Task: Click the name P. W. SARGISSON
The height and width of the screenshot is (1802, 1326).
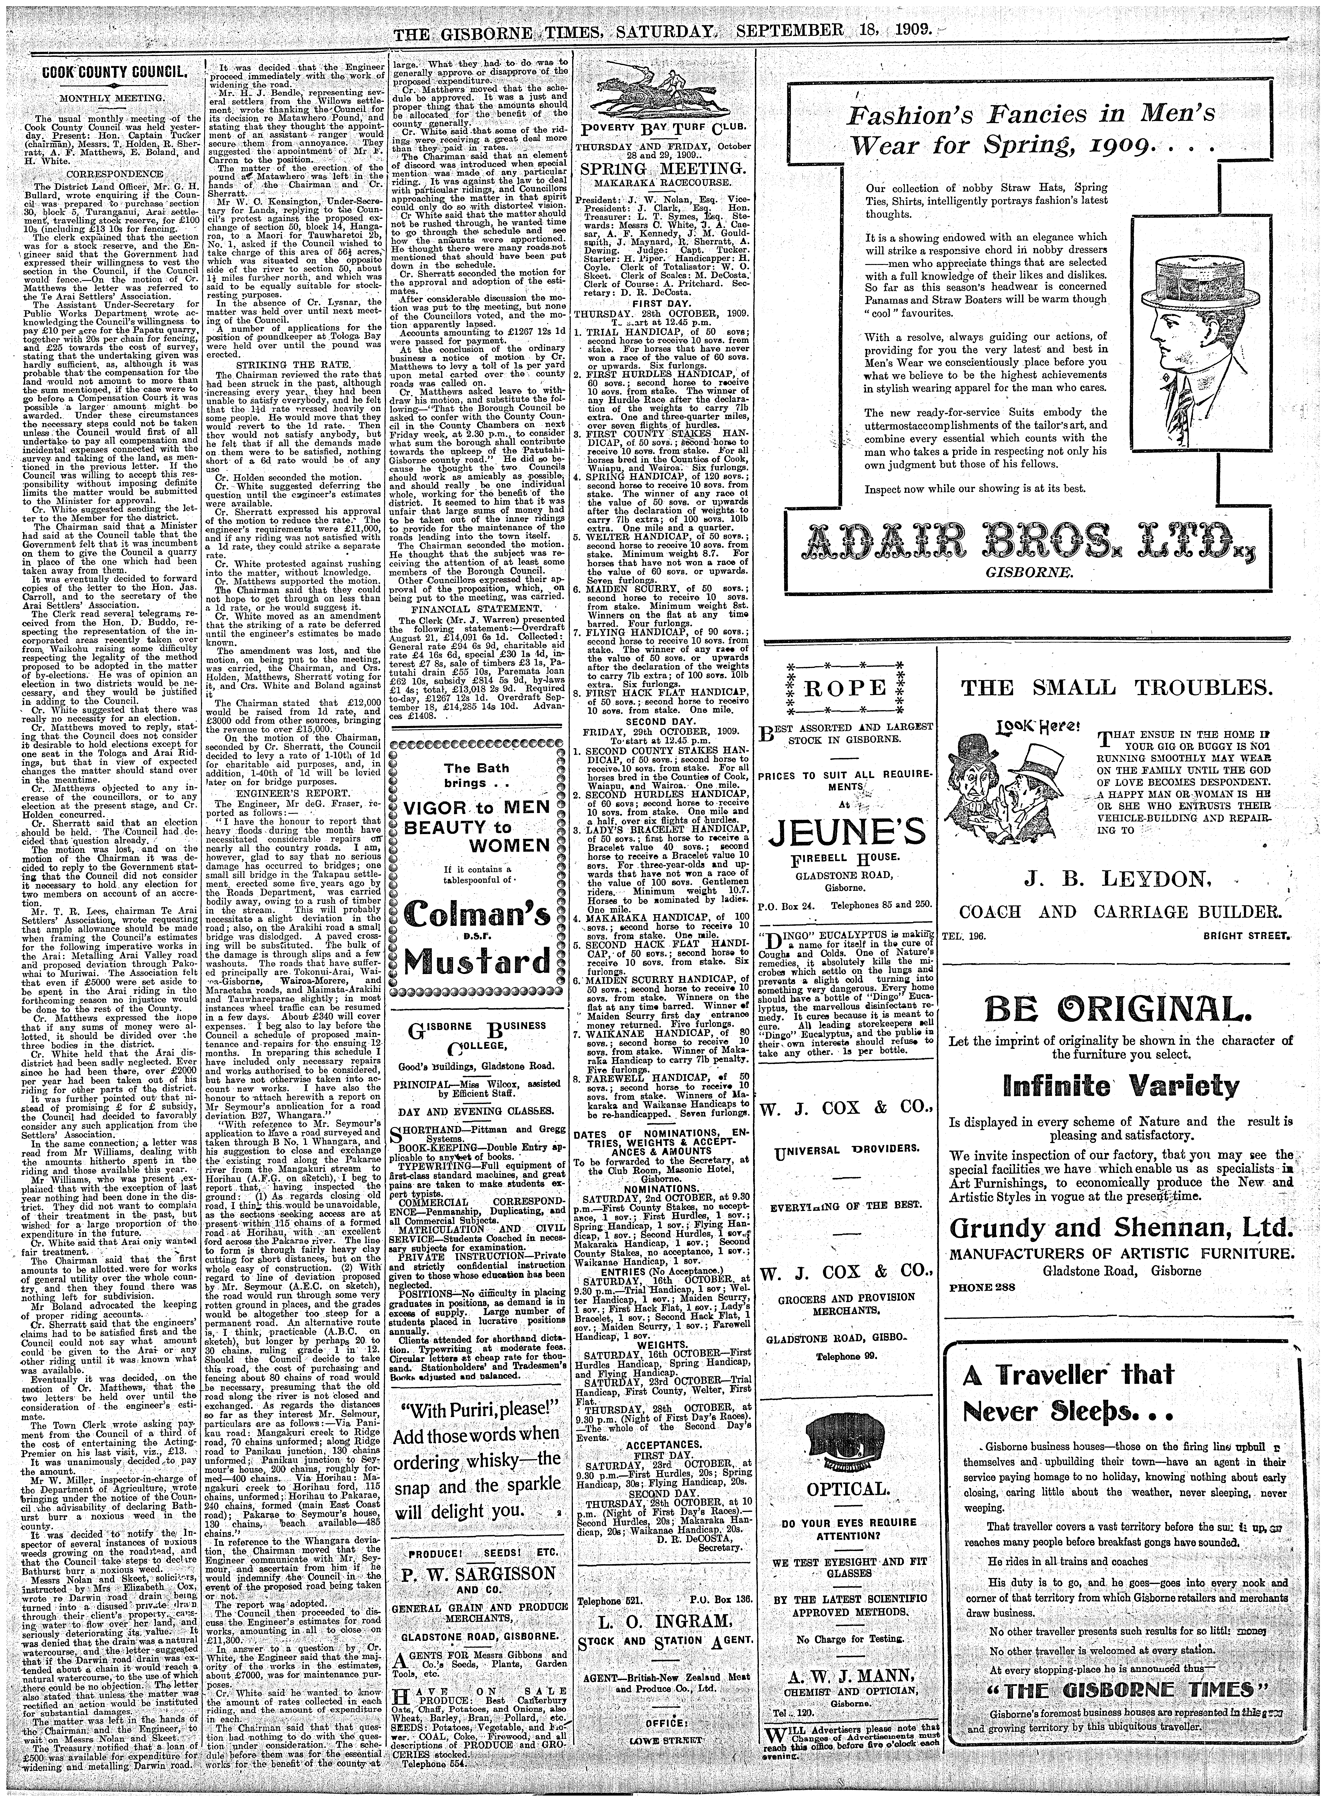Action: coord(478,1572)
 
